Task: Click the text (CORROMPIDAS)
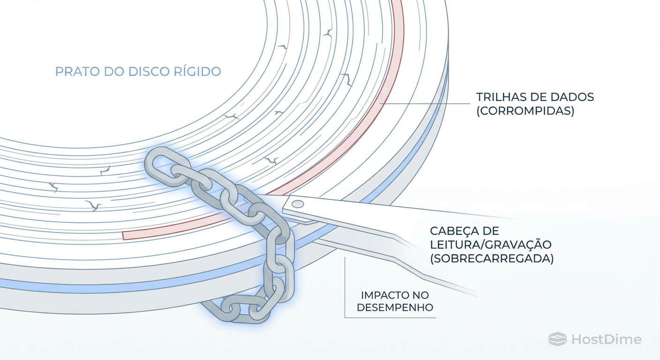[525, 112]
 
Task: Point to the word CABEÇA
[453, 231]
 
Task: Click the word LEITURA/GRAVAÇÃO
[490, 245]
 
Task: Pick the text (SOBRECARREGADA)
[492, 258]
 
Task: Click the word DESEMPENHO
[395, 308]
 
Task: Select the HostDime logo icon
[557, 339]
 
